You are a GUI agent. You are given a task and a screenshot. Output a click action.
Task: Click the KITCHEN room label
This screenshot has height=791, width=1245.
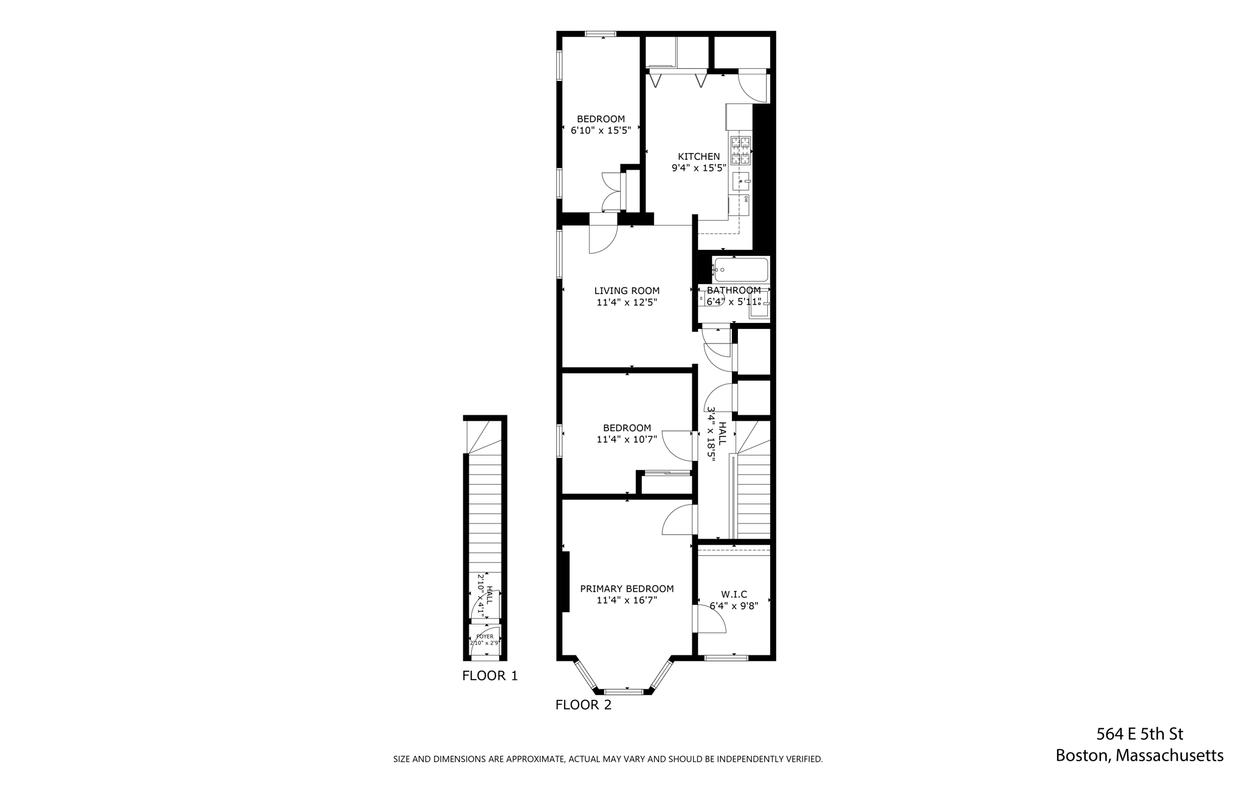click(698, 157)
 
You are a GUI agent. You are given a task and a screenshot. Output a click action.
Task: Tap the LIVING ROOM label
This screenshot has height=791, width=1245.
click(627, 291)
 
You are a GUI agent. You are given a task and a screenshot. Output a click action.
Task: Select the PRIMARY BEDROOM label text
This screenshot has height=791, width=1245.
click(627, 589)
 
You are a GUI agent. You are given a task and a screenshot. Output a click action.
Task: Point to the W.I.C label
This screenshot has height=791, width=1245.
click(734, 594)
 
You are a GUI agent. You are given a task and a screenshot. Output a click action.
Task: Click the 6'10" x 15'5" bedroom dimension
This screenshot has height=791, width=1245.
click(601, 130)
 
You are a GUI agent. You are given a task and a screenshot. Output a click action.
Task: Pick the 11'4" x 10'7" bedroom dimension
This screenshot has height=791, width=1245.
click(627, 439)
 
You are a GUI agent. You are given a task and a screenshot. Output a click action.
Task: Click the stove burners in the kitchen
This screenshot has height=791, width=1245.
click(741, 151)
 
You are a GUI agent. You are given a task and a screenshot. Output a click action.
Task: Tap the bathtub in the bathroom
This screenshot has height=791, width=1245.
click(740, 269)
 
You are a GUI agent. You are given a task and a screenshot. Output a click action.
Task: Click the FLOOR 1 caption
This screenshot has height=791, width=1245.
click(490, 675)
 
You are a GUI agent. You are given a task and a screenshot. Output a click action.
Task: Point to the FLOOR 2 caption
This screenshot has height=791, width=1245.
click(583, 705)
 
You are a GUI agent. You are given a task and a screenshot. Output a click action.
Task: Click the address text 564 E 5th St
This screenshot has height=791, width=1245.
click(1139, 734)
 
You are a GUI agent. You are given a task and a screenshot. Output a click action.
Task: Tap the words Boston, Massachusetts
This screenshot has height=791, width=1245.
click(1139, 756)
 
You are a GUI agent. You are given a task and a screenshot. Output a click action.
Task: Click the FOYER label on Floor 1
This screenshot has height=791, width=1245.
click(485, 636)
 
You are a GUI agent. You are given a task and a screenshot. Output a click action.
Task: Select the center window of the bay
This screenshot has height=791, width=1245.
click(623, 691)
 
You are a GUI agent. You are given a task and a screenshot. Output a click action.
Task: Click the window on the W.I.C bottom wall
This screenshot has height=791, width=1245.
click(726, 657)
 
